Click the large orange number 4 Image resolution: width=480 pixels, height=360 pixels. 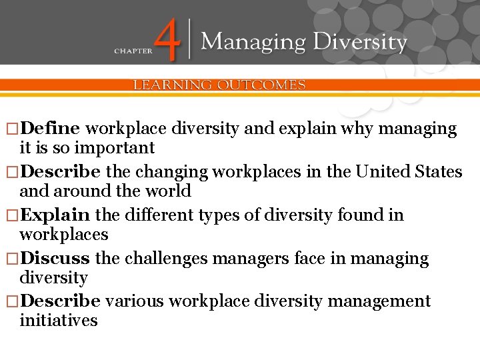[x=171, y=41]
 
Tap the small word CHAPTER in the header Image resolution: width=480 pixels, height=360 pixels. [x=133, y=50]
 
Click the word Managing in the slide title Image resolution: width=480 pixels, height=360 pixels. [x=253, y=43]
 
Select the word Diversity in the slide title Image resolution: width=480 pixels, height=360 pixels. [x=361, y=43]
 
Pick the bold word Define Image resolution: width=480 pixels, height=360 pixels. [x=51, y=129]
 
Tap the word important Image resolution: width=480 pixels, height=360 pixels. [x=117, y=148]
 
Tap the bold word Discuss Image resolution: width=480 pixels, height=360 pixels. [x=55, y=258]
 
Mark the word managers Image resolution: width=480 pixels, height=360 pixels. [x=246, y=258]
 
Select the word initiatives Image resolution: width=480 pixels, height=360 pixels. [x=59, y=321]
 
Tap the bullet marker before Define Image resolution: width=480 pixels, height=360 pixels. [x=11, y=129]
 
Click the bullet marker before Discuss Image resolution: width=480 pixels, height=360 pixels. [x=11, y=259]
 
